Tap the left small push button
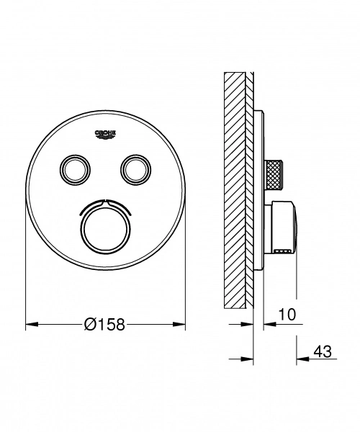pyautogui.click(x=74, y=168)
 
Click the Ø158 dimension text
pyautogui.click(x=105, y=325)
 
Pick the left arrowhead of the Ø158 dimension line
pyautogui.click(x=30, y=325)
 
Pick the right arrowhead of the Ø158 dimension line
pyautogui.click(x=181, y=325)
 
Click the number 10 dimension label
pyautogui.click(x=287, y=315)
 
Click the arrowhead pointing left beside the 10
pyautogui.click(x=268, y=325)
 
